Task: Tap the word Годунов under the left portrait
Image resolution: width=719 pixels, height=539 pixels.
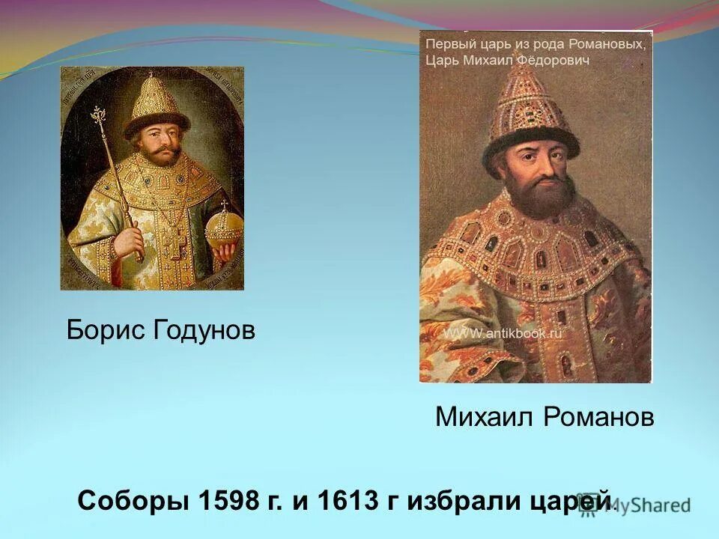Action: pos(204,329)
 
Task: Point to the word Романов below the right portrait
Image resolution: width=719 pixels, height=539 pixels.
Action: pos(599,418)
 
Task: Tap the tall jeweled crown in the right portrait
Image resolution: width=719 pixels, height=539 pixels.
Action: pos(532,112)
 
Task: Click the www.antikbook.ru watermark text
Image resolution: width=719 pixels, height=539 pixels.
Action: pos(503,335)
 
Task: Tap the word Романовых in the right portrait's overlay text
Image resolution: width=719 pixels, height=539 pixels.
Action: pos(608,45)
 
